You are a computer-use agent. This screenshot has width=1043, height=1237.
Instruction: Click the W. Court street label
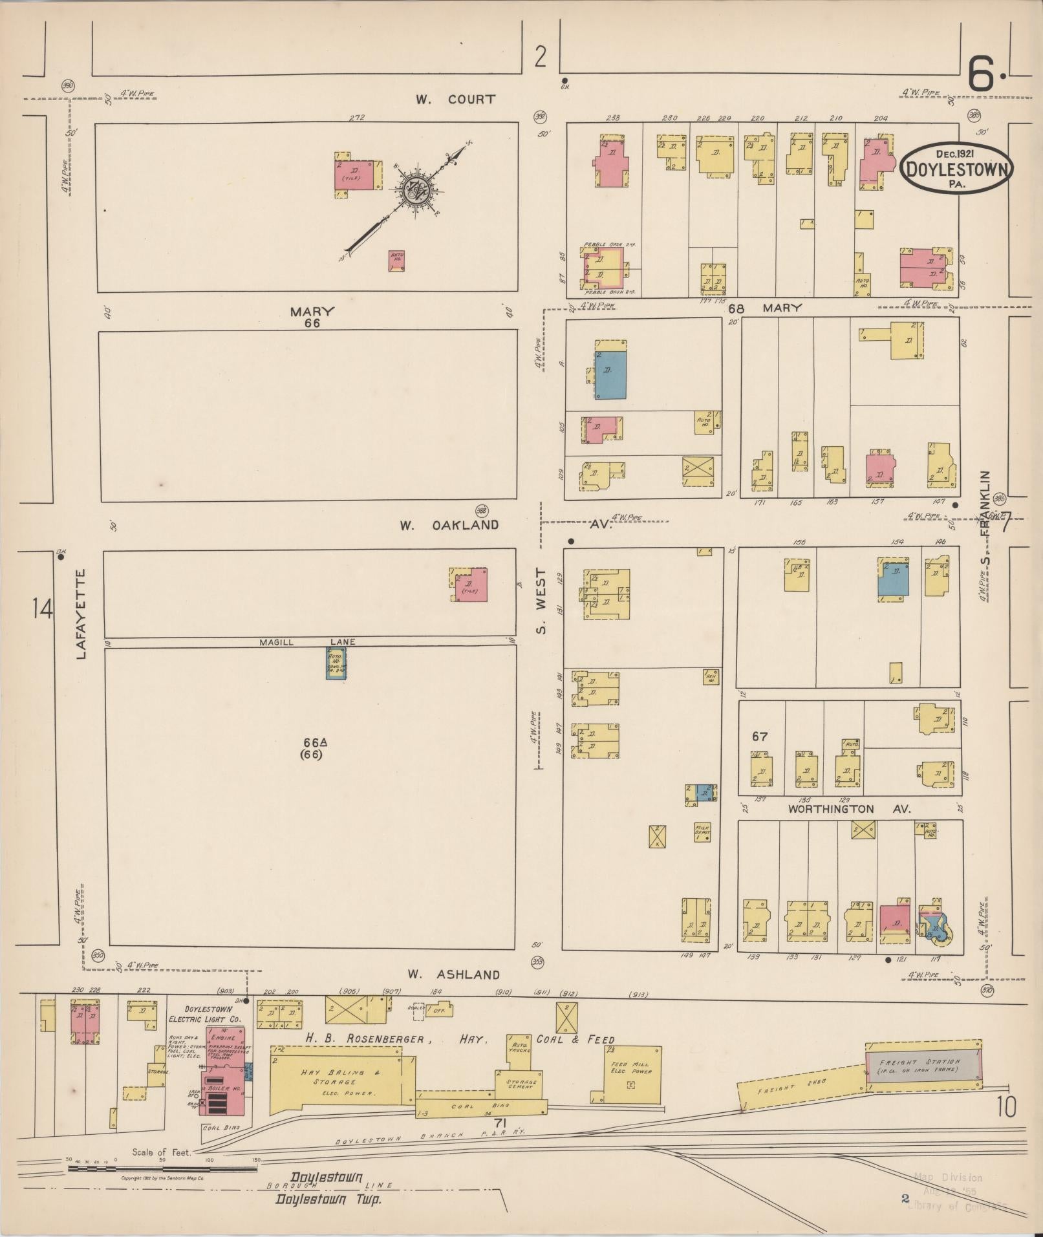[x=455, y=99]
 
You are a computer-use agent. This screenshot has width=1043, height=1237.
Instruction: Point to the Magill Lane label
[x=307, y=642]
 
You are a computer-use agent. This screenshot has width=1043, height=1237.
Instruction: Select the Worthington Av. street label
[x=849, y=809]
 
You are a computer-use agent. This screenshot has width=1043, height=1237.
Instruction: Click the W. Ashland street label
[x=454, y=974]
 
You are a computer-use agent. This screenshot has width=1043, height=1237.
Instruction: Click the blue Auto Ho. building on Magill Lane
[x=336, y=663]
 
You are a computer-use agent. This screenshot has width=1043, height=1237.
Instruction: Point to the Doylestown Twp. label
[x=328, y=1199]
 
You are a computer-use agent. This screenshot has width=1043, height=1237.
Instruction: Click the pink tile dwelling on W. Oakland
[x=471, y=585]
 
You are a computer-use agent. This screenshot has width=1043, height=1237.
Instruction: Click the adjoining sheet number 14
[x=43, y=609]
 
